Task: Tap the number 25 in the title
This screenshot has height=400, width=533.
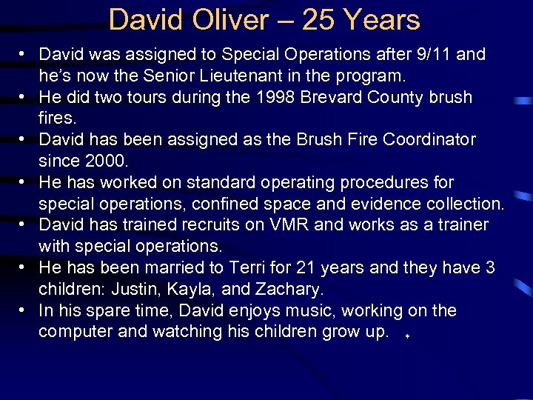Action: coord(318,20)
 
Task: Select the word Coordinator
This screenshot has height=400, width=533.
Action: coord(426,139)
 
